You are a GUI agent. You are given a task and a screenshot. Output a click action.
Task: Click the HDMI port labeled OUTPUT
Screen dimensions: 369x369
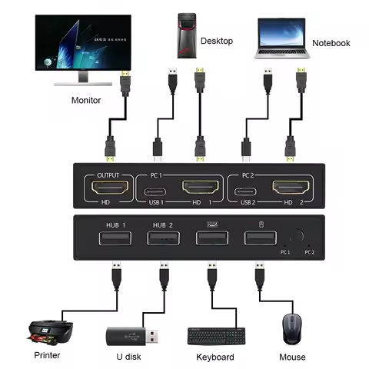point(106,188)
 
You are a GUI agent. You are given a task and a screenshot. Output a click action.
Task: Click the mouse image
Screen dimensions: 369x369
point(293,327)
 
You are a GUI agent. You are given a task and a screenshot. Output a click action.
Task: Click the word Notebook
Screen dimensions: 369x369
point(331,43)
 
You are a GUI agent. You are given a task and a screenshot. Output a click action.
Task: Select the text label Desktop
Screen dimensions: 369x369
point(217,40)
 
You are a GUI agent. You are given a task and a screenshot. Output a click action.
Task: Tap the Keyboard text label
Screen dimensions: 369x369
point(215,357)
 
